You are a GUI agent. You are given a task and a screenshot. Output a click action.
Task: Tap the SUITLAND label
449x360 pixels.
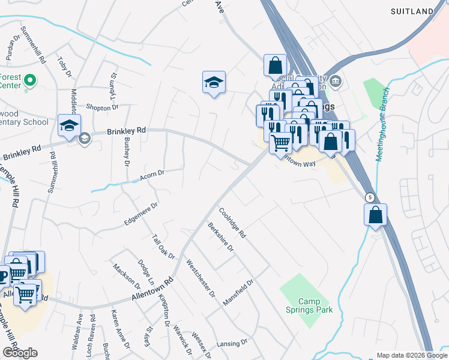412,11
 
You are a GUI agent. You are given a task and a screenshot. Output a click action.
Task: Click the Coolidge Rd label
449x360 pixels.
232,223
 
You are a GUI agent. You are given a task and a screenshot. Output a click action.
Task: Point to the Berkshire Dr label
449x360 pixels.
220,238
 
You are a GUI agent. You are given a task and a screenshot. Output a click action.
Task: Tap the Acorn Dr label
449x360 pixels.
152,175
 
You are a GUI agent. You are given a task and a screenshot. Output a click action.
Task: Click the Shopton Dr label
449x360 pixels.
103,107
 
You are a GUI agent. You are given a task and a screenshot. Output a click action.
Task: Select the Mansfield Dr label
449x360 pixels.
238,292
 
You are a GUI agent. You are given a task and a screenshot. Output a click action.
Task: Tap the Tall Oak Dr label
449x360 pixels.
163,247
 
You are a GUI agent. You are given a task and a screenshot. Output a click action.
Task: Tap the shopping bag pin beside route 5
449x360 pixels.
375,214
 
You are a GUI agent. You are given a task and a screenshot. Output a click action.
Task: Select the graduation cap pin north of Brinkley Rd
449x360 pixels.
214,82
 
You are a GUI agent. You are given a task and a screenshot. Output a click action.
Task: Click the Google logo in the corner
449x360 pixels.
20,353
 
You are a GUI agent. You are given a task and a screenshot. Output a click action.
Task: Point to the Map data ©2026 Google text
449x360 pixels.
412,355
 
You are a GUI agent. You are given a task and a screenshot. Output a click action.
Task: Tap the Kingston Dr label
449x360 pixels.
164,315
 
